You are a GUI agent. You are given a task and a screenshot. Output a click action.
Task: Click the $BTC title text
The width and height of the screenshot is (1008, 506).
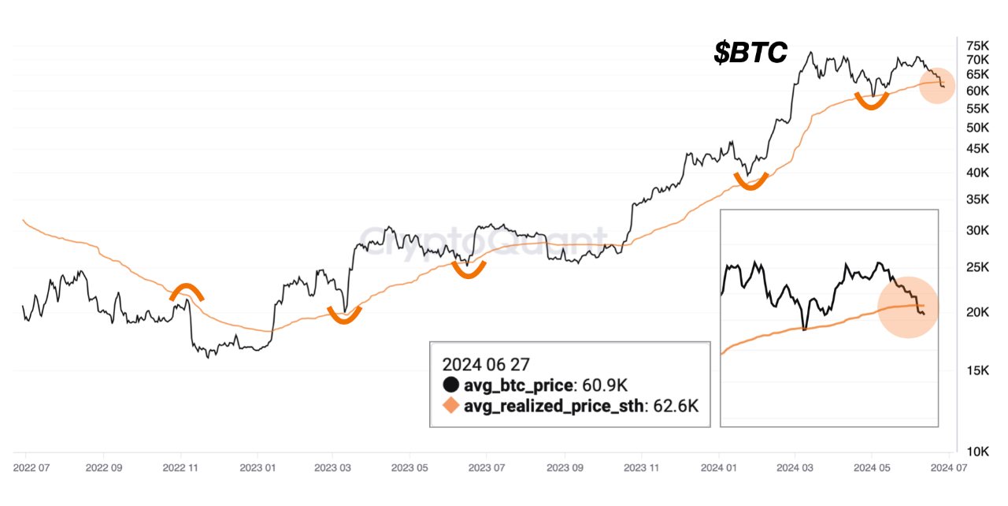coord(750,52)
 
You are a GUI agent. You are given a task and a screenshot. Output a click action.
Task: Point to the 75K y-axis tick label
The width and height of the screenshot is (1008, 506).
coord(977,45)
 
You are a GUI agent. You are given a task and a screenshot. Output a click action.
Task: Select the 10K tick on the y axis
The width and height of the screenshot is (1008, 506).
coord(977,452)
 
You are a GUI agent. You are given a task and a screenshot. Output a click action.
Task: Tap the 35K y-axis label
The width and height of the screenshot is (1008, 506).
coord(977,200)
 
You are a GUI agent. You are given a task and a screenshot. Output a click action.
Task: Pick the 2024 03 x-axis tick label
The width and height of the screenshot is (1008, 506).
coord(795,467)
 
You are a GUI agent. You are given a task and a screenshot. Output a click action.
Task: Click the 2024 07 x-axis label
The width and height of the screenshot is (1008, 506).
coord(950,467)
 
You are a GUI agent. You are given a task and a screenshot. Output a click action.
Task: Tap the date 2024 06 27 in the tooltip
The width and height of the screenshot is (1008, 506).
coord(485,364)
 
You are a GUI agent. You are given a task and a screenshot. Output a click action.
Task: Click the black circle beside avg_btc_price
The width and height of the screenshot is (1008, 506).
coord(450,385)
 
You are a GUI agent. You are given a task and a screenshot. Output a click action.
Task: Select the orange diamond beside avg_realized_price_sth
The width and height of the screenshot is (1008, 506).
coord(450,406)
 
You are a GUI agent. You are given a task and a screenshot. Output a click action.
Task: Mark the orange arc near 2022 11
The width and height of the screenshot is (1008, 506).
coord(187,290)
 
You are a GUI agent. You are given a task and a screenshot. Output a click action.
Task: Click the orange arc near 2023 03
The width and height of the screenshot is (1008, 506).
coord(344,317)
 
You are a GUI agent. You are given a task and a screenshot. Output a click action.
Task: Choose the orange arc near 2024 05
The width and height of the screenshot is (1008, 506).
coord(872,101)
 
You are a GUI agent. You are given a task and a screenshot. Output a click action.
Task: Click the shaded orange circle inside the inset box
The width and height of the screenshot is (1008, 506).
coord(908,307)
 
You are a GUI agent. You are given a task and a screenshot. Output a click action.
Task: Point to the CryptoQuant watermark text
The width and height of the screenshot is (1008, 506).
coord(484,239)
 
